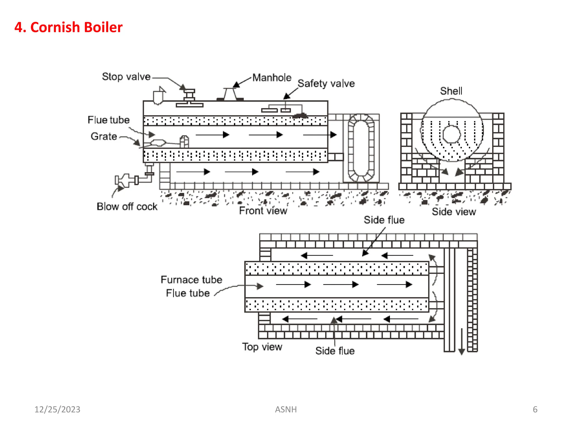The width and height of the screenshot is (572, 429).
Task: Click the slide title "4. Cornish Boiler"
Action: pyautogui.click(x=68, y=27)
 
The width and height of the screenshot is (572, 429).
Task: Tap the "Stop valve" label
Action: pyautogui.click(x=126, y=77)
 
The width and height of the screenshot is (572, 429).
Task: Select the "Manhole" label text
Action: pyautogui.click(x=272, y=78)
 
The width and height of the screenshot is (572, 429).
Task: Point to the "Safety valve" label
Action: pyautogui.click(x=326, y=84)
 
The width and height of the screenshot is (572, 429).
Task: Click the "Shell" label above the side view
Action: pyautogui.click(x=451, y=91)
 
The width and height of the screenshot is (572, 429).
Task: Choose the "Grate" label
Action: pyautogui.click(x=104, y=136)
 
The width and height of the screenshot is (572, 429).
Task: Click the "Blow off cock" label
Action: pyautogui.click(x=127, y=206)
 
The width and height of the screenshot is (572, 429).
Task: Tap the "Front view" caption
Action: pyautogui.click(x=263, y=211)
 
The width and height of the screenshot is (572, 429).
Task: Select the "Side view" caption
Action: pyautogui.click(x=454, y=212)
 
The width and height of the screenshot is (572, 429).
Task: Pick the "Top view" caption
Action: pyautogui.click(x=262, y=347)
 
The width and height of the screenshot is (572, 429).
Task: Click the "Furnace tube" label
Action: pyautogui.click(x=191, y=280)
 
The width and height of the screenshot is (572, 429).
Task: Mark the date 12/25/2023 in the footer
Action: pyautogui.click(x=57, y=409)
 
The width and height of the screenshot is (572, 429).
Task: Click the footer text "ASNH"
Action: pyautogui.click(x=286, y=409)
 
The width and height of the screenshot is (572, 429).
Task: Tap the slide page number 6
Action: pyautogui.click(x=535, y=409)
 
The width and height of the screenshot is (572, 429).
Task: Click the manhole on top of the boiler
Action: pyautogui.click(x=230, y=94)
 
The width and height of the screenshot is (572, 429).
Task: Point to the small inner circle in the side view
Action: pyautogui.click(x=451, y=134)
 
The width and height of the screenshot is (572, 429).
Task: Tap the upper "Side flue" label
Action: pyautogui.click(x=384, y=220)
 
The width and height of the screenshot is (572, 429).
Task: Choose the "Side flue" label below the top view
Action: pyautogui.click(x=335, y=351)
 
